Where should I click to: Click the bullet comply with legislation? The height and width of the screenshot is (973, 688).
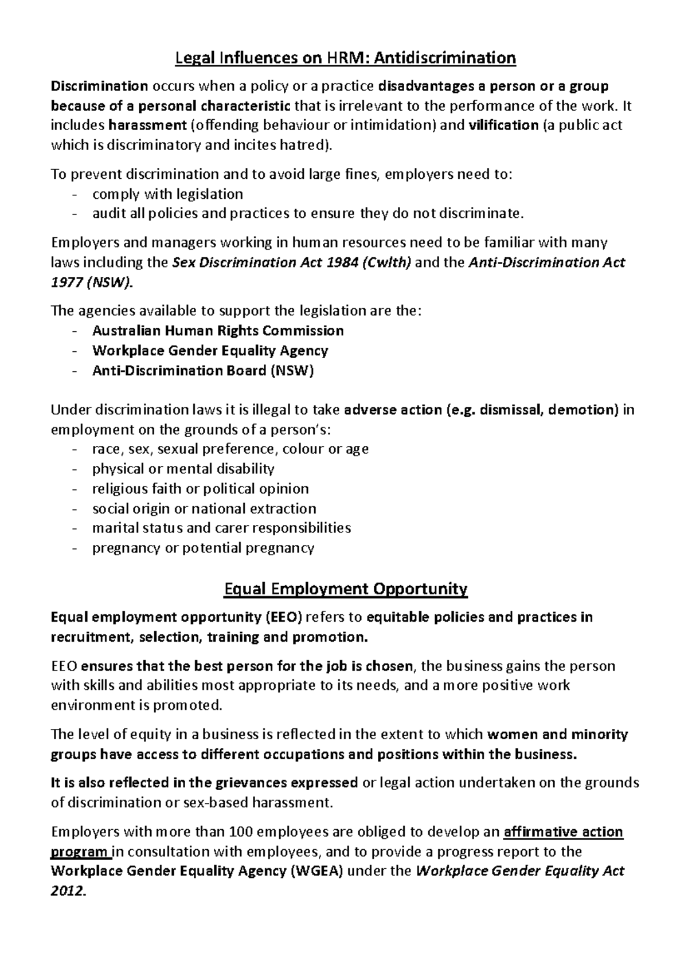point(167,194)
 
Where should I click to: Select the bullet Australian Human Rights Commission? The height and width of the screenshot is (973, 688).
point(218,331)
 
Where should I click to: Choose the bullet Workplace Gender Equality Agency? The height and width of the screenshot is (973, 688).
point(210,351)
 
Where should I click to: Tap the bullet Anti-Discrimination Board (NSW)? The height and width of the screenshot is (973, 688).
point(203,371)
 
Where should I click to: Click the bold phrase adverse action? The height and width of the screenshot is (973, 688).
point(392,410)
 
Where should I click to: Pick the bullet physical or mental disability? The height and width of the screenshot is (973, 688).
point(183,469)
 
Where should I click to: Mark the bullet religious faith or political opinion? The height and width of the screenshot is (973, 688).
point(200,489)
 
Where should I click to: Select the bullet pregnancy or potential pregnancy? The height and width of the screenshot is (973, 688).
point(203,548)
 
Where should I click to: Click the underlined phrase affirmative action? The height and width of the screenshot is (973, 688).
point(562,832)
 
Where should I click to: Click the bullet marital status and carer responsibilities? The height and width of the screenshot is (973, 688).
point(221,528)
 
